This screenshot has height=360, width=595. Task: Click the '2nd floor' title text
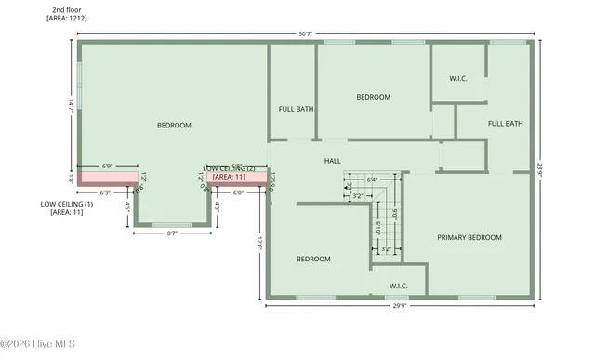[66, 8]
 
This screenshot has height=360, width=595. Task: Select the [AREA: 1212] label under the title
[68, 18]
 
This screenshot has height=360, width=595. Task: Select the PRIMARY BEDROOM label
[469, 238]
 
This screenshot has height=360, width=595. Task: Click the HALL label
[332, 161]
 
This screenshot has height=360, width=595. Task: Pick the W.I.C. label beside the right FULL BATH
[457, 78]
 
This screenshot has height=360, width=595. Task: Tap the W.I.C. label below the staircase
[398, 286]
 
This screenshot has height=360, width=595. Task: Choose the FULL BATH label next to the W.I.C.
[506, 124]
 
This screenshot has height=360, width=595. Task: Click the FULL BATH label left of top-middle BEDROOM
[296, 109]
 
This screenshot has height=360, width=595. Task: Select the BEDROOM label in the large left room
[174, 126]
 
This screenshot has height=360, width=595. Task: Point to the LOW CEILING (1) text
[67, 203]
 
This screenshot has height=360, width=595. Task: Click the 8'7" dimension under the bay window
[171, 233]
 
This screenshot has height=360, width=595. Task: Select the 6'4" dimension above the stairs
[372, 180]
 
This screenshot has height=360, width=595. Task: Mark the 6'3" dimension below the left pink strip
[105, 193]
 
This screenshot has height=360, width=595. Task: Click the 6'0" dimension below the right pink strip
[237, 193]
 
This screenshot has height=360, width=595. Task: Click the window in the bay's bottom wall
[171, 225]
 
